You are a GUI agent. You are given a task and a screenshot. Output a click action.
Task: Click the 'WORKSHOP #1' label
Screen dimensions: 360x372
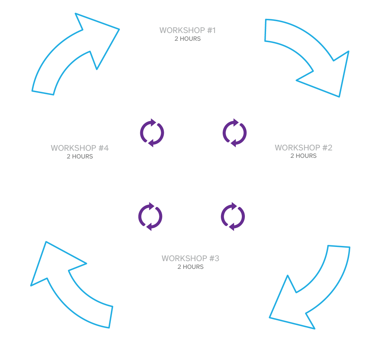(187, 31)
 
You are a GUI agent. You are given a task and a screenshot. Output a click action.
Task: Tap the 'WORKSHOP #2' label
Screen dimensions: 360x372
(303, 148)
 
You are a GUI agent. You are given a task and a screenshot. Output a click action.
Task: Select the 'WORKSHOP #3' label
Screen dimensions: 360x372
(190, 259)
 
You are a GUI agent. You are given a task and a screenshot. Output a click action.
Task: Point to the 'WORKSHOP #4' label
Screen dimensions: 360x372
(80, 148)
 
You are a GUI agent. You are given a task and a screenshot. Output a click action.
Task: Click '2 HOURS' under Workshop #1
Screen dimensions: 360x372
(187, 39)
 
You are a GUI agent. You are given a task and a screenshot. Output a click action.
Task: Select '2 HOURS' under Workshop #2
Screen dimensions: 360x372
(303, 156)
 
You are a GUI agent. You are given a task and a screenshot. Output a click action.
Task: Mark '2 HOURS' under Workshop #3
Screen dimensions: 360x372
(190, 267)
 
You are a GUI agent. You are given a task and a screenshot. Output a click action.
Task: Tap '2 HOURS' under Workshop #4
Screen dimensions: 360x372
(80, 156)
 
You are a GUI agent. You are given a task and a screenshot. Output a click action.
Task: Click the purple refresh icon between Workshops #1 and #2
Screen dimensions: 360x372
(234, 133)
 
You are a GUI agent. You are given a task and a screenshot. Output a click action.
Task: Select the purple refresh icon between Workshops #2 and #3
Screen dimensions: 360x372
(233, 217)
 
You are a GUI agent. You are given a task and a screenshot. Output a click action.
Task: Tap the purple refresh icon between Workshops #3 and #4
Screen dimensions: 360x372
(150, 216)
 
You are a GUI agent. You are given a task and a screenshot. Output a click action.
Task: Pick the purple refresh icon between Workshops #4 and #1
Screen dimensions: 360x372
(152, 133)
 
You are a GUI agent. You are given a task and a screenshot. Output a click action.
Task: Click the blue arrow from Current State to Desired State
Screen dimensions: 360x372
(313, 57)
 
